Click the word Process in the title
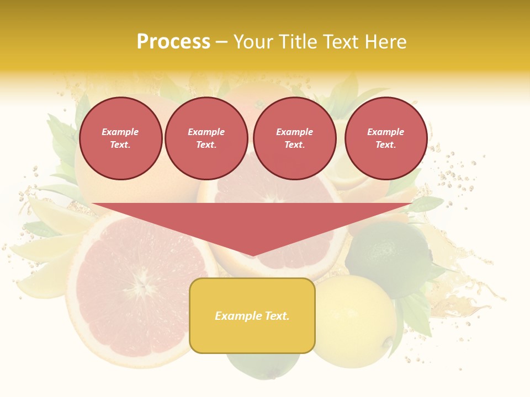click(173, 42)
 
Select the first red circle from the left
click(121, 138)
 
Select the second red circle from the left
click(206, 138)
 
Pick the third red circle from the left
click(295, 138)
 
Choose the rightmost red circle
click(386, 138)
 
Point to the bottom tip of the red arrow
click(252, 255)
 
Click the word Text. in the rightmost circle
click(385, 145)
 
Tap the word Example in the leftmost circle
click(120, 132)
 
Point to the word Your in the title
click(252, 42)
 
